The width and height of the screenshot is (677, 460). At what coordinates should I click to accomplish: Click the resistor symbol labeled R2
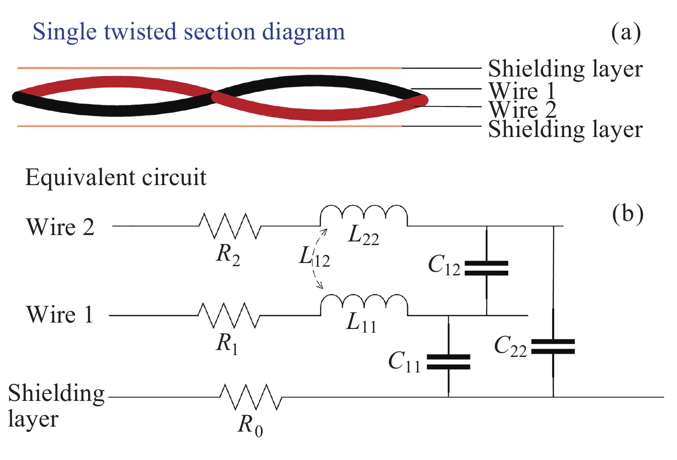pyautogui.click(x=230, y=225)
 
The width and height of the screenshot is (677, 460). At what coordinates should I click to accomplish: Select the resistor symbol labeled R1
pyautogui.click(x=229, y=315)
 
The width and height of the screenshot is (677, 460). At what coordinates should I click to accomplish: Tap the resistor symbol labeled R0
pyautogui.click(x=250, y=397)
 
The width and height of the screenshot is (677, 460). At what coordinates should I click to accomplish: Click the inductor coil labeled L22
pyautogui.click(x=363, y=216)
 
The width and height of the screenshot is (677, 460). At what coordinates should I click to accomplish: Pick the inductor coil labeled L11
pyautogui.click(x=363, y=306)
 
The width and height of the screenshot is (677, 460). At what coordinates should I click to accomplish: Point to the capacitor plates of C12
pyautogui.click(x=486, y=268)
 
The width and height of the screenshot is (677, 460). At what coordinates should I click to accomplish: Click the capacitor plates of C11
pyautogui.click(x=448, y=361)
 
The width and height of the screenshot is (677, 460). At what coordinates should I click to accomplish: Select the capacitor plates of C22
pyautogui.click(x=553, y=347)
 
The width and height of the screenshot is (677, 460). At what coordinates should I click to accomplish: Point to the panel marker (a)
pyautogui.click(x=626, y=33)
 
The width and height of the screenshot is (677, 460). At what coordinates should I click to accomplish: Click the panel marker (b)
pyautogui.click(x=627, y=214)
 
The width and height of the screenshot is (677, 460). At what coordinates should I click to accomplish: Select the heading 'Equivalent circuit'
pyautogui.click(x=116, y=178)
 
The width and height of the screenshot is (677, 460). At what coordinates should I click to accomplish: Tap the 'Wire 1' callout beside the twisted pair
pyautogui.click(x=522, y=91)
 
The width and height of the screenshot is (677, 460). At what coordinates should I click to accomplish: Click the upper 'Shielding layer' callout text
pyautogui.click(x=565, y=69)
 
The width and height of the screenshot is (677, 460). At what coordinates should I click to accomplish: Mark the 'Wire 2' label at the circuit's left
pyautogui.click(x=60, y=227)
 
